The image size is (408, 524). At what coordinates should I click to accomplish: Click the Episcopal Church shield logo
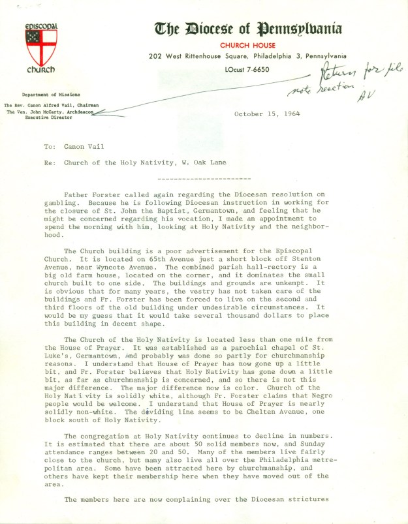[41, 45]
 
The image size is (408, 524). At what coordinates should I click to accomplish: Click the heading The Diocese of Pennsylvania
[248, 28]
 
